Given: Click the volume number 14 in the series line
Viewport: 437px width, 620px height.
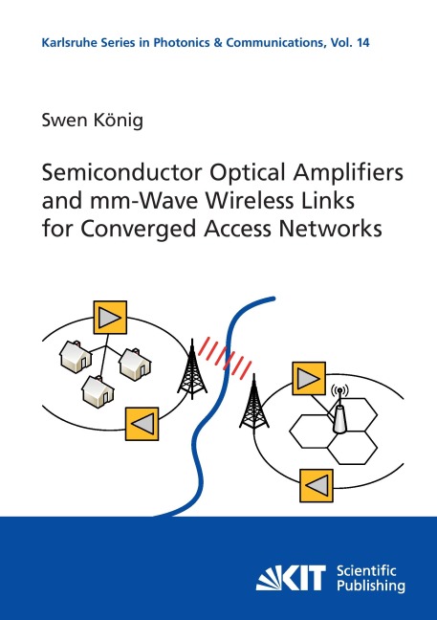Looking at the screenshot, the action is (x=363, y=43).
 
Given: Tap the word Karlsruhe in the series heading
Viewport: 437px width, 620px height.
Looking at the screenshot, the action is (x=62, y=43).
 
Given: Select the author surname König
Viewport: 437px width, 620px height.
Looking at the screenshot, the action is (x=118, y=121).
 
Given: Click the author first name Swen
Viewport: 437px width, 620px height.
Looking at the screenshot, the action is (x=64, y=121).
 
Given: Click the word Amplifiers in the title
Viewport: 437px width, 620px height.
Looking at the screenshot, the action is (x=346, y=174).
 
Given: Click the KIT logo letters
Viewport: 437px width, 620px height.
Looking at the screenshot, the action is (x=291, y=577).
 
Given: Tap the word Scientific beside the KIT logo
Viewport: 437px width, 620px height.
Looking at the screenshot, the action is (x=366, y=570).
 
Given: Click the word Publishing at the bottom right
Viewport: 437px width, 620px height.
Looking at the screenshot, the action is (x=371, y=586).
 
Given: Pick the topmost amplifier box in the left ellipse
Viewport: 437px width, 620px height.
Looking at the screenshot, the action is (x=110, y=317).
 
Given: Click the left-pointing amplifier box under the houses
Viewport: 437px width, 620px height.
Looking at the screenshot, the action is (x=142, y=424).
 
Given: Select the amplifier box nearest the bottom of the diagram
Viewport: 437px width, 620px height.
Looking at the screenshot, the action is (x=317, y=485).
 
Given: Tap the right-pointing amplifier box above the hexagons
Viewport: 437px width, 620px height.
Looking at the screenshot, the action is (x=309, y=378).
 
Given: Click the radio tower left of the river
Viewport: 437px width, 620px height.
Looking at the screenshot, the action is (x=192, y=368).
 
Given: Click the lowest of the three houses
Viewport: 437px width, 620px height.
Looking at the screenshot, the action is (x=98, y=391).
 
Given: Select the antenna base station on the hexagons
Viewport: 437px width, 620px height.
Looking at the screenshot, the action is (x=339, y=410).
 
